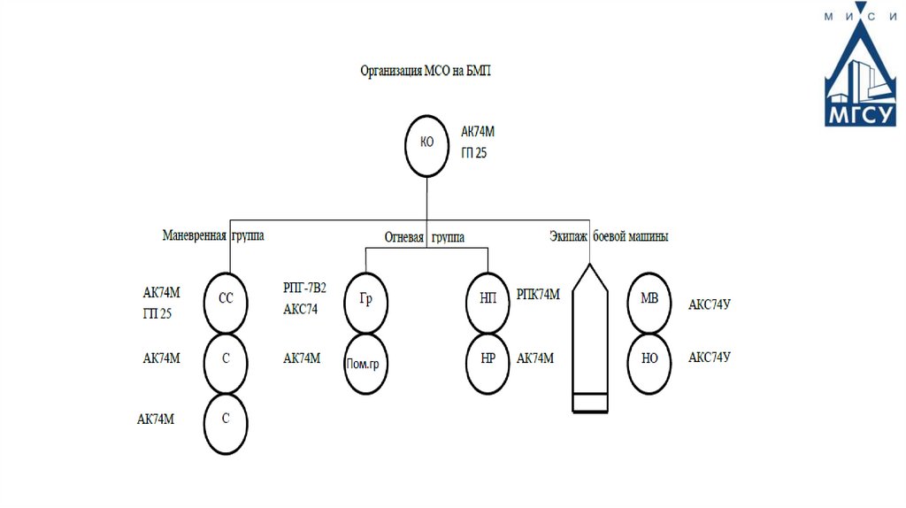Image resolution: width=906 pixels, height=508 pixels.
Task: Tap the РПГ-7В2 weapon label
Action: (x=304, y=288)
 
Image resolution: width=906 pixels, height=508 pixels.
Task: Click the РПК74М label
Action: (x=538, y=295)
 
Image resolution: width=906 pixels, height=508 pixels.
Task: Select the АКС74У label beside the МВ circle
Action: (x=710, y=304)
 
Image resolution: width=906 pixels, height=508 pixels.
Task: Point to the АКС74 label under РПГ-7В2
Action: (x=301, y=309)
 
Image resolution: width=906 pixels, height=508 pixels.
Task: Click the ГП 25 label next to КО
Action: (x=474, y=152)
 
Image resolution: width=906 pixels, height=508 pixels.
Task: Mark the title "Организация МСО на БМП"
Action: (x=426, y=71)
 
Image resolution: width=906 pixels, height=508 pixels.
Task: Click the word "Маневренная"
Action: (x=194, y=235)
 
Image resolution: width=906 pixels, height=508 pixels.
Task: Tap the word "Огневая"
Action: (x=404, y=237)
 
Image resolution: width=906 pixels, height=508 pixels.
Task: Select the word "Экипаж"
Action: (x=569, y=236)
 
